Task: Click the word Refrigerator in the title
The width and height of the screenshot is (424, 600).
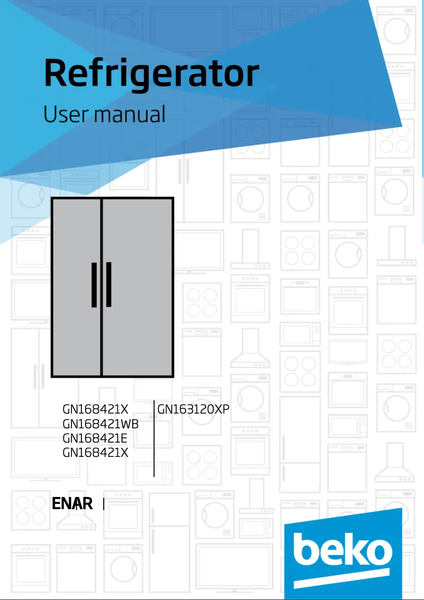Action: (x=152, y=74)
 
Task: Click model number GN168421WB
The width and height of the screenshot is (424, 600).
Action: (x=100, y=424)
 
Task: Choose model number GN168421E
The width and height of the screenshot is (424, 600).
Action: (x=95, y=438)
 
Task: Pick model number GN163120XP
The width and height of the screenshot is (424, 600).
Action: (x=193, y=409)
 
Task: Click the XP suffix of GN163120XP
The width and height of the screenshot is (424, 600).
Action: (x=222, y=409)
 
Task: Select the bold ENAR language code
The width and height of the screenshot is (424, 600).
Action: (x=72, y=504)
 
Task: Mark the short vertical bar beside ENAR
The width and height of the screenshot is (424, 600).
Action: (x=104, y=504)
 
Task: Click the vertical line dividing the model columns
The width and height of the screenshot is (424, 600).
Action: (x=154, y=438)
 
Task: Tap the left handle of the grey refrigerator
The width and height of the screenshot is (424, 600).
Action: (x=94, y=284)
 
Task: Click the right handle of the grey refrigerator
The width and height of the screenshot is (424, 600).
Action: (x=109, y=284)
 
